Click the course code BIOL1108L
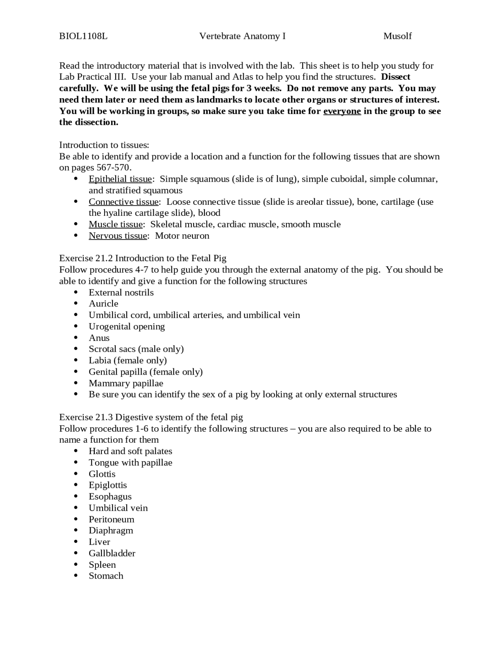(83, 36)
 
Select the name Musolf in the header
(397, 36)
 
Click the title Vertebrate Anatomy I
(242, 36)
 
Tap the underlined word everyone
(342, 111)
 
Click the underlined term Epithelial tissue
(120, 179)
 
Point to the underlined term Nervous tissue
(118, 236)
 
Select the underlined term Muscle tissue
(116, 224)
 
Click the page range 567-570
(113, 168)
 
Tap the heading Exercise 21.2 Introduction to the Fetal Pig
(143, 258)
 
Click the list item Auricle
(103, 304)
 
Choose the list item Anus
(99, 338)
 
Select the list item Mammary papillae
(126, 383)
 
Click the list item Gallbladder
(112, 554)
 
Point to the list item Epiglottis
(108, 485)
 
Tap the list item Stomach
(106, 576)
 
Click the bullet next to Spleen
(76, 565)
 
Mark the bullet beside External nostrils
(76, 292)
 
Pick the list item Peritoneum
(112, 519)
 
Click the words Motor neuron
(182, 236)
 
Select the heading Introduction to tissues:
(104, 145)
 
